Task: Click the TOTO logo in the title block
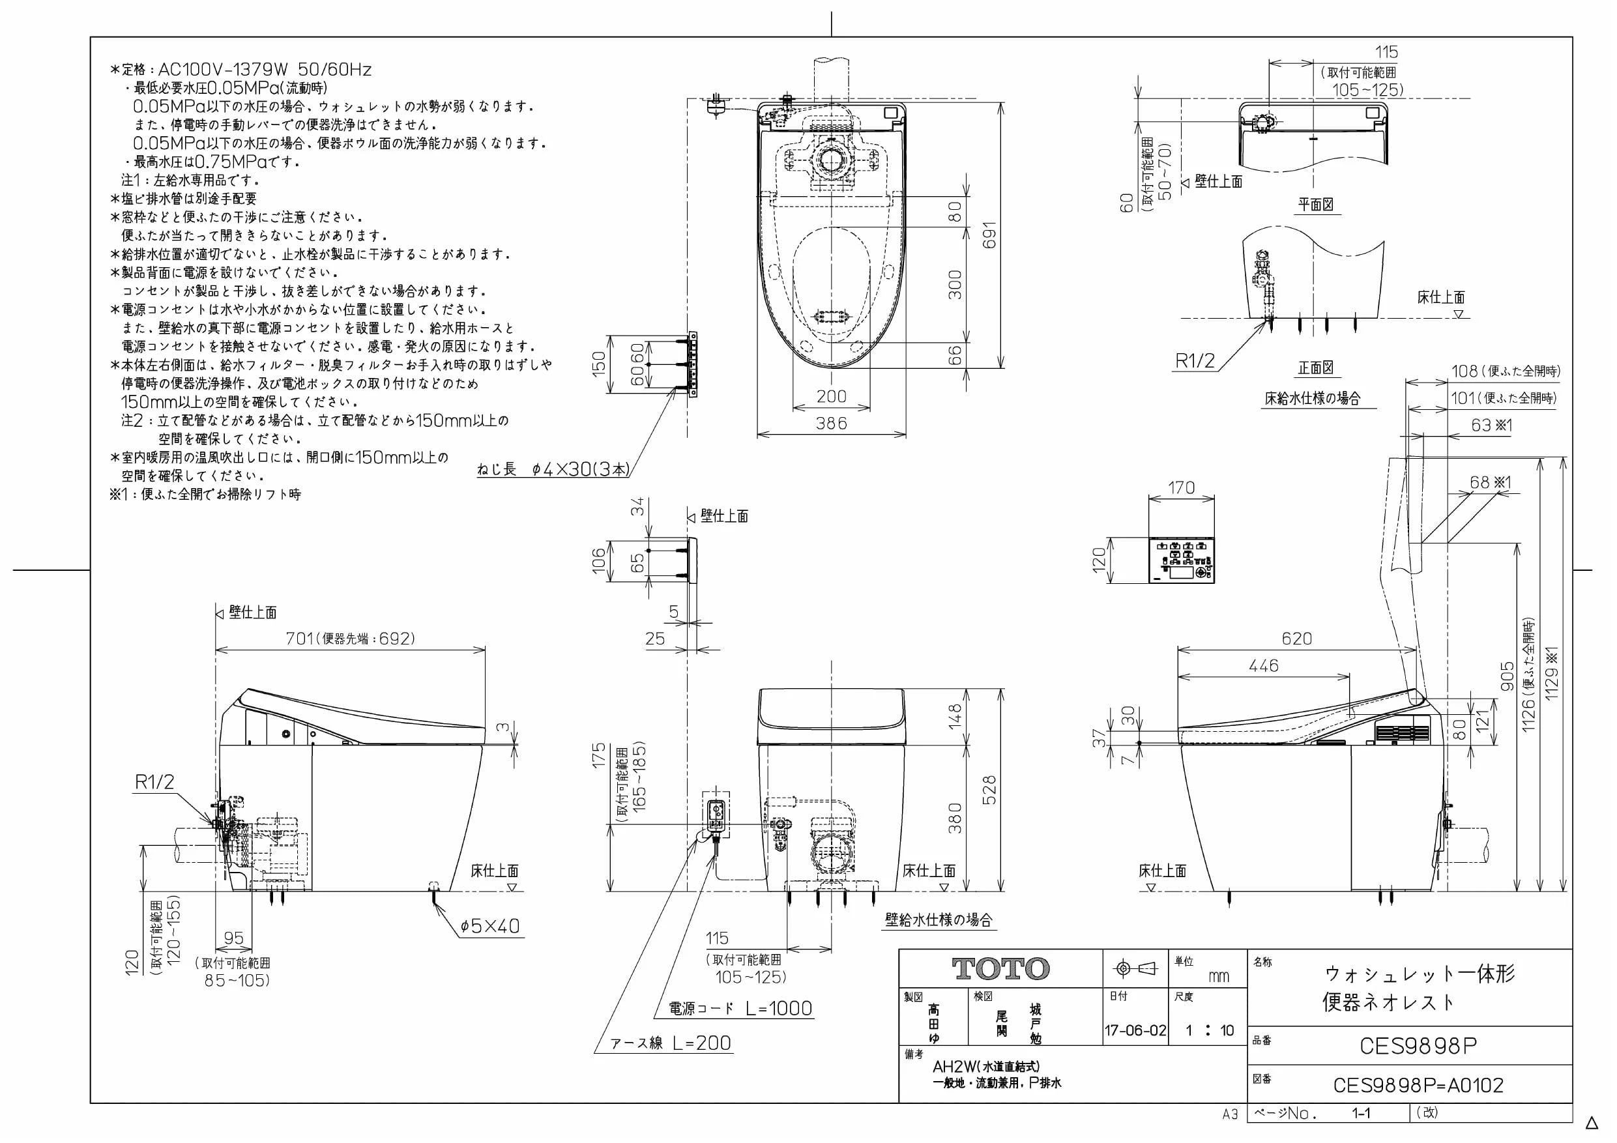[1000, 969]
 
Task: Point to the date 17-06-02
[1135, 1031]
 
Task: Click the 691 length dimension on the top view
[990, 235]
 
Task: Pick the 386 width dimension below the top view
[831, 424]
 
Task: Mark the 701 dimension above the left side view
[299, 638]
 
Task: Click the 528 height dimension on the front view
[989, 790]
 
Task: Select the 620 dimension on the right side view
[1296, 639]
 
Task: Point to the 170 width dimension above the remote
[1181, 487]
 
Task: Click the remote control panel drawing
[1182, 560]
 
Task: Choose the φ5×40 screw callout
[489, 925]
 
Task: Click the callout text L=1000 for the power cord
[779, 1009]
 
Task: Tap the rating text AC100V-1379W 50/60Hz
[265, 70]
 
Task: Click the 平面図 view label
[1316, 205]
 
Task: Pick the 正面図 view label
[1316, 368]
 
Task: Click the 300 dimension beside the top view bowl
[954, 285]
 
